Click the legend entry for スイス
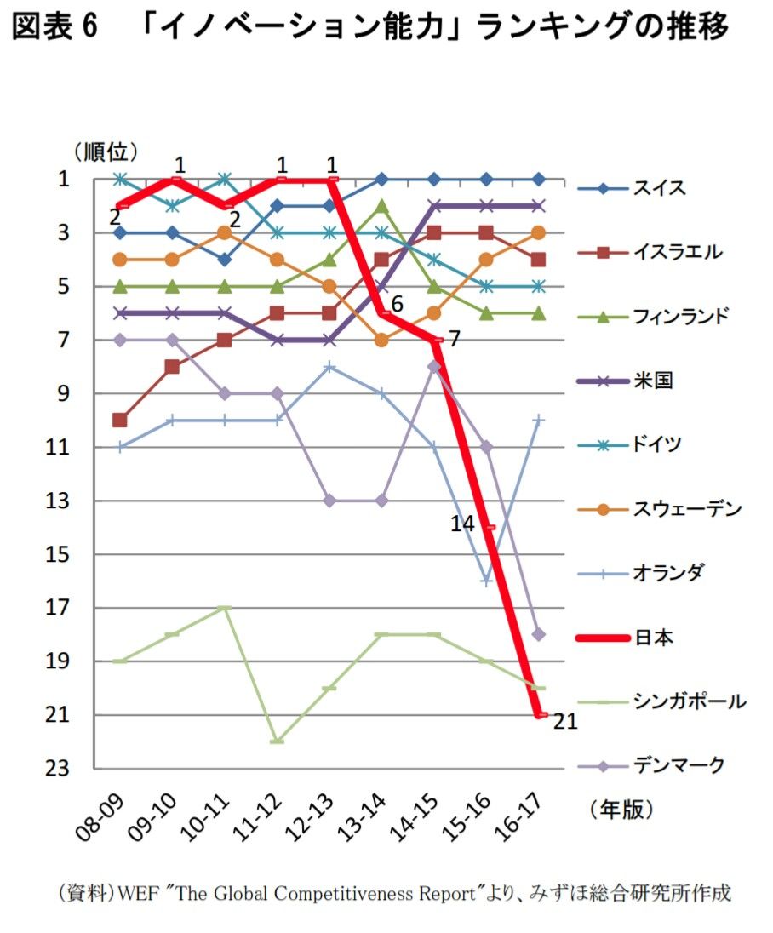[x=659, y=188]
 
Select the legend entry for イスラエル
[x=677, y=252]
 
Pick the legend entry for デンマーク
[x=678, y=765]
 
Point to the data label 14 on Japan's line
[x=462, y=524]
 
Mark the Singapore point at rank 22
[x=278, y=741]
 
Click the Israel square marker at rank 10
[x=120, y=420]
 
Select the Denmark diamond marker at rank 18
[x=539, y=634]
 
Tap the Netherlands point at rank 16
[x=487, y=581]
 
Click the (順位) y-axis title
[x=105, y=152]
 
